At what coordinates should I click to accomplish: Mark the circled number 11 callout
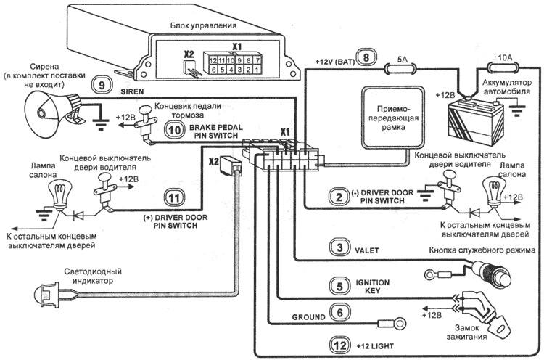click(x=173, y=197)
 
